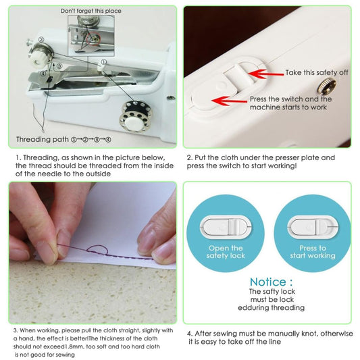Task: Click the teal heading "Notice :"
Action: [270, 282]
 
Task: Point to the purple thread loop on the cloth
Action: [98, 253]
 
